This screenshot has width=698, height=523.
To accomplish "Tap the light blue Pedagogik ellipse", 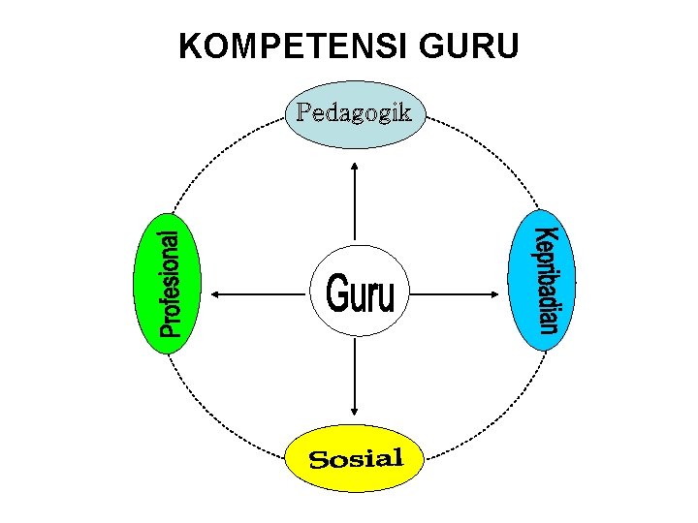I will tap(355, 113).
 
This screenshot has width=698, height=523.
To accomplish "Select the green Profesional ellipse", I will tap(169, 281).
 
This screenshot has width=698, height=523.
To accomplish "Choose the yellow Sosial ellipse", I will tap(355, 458).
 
